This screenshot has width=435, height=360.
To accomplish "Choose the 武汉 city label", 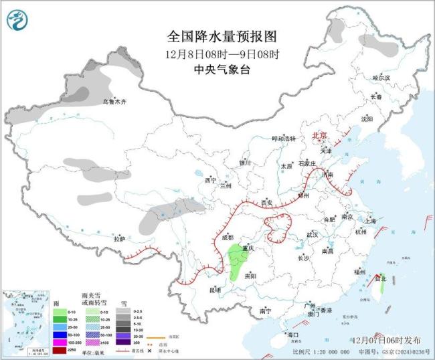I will [x=313, y=234].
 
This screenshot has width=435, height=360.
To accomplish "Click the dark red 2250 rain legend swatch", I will [x=60, y=349].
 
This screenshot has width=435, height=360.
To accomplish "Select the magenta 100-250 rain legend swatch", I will [x=60, y=341].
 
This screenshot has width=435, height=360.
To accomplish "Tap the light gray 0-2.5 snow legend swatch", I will [x=125, y=312].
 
